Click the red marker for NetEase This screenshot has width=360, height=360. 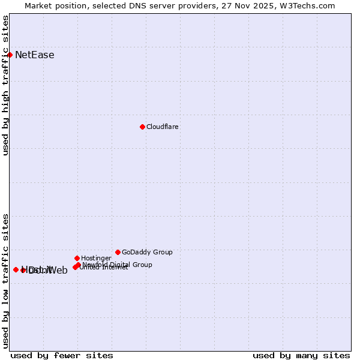[x=10, y=55]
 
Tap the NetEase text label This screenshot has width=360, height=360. [x=35, y=55]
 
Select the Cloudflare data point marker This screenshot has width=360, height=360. [x=142, y=127]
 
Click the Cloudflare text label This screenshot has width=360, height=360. [x=163, y=127]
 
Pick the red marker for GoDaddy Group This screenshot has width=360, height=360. [x=118, y=252]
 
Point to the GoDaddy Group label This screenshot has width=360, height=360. [x=147, y=252]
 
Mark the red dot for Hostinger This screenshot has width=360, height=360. [x=77, y=258]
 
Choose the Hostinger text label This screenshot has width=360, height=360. [x=97, y=258]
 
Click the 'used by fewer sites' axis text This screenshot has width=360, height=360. [x=62, y=355]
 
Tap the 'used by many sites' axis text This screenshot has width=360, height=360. [x=301, y=355]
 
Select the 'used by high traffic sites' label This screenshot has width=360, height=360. [x=5, y=85]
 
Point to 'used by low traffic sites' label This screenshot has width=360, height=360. [x=5, y=280]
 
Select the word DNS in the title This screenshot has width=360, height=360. [x=132, y=6]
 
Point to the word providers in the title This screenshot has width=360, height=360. [x=195, y=6]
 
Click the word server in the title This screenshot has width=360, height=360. [x=158, y=6]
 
